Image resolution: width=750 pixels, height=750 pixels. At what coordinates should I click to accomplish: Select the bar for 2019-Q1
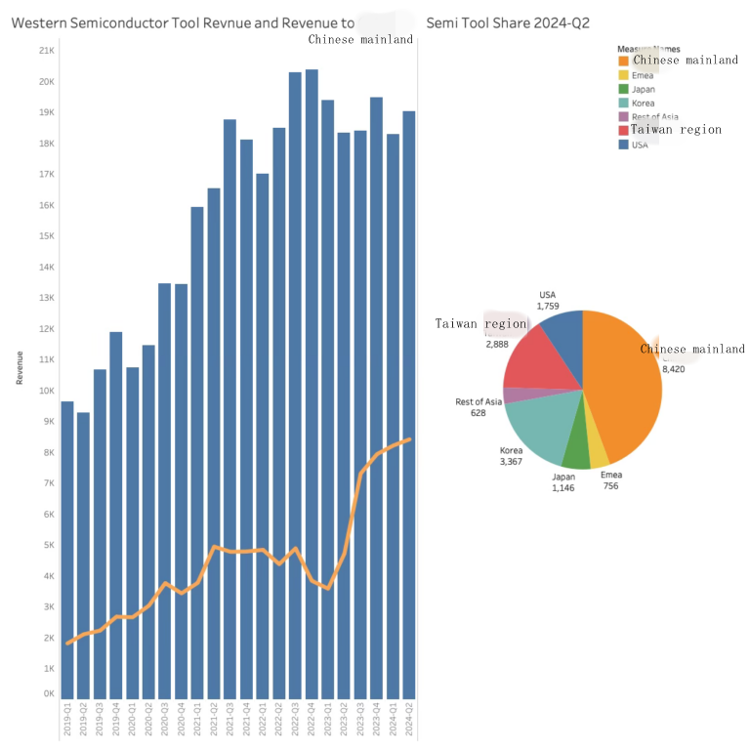tap(67, 547)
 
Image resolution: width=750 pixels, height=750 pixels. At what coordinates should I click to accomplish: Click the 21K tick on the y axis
tap(46, 51)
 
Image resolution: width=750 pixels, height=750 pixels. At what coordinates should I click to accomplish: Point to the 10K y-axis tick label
tap(46, 391)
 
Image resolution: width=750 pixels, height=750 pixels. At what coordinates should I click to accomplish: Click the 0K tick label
tap(48, 694)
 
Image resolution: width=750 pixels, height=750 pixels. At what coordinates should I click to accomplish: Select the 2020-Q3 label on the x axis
tap(165, 724)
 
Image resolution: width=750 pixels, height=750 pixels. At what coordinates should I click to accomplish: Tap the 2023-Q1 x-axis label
tap(328, 724)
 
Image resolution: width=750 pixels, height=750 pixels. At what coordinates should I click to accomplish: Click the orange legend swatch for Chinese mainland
tap(623, 61)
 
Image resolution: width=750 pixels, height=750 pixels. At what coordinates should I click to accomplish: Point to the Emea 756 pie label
tap(610, 480)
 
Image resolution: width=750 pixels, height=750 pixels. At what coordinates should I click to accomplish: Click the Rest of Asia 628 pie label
tap(479, 407)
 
